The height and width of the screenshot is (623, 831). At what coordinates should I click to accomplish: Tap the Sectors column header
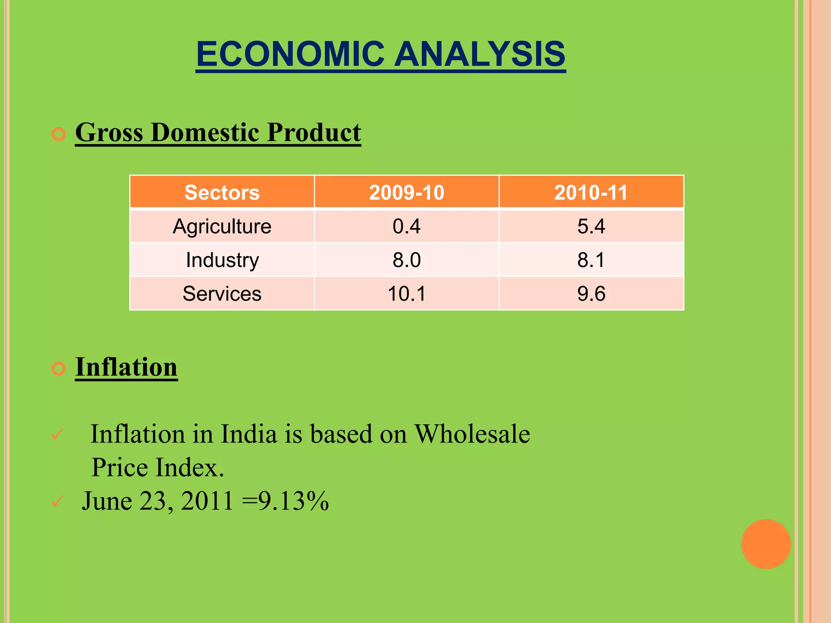tap(222, 192)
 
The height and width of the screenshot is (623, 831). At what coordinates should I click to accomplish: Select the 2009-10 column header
tap(407, 192)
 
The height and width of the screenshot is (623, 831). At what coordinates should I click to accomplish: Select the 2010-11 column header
tap(591, 192)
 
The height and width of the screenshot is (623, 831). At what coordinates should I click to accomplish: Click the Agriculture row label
tap(222, 226)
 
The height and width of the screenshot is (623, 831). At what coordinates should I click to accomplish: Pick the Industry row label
tap(222, 260)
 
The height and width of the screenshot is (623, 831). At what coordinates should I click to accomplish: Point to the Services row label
tap(222, 294)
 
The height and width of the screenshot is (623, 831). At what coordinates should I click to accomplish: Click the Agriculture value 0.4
tap(407, 226)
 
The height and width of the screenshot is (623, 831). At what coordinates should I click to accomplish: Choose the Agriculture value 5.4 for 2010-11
tap(591, 226)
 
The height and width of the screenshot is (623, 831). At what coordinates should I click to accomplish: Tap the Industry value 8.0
tap(407, 260)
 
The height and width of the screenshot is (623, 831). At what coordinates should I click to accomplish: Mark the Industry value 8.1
tap(591, 260)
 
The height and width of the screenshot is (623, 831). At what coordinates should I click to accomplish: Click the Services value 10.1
tap(407, 294)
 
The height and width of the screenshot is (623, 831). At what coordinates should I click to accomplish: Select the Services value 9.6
tap(591, 294)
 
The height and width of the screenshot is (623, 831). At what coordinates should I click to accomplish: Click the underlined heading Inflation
tap(126, 367)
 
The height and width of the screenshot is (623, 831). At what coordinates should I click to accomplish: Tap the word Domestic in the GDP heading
tap(205, 132)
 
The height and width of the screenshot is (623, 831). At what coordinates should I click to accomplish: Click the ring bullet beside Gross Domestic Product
tap(59, 134)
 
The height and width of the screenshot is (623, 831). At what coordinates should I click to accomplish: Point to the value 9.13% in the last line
tap(293, 501)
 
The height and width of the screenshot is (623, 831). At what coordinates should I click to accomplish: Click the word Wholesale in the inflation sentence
tap(472, 434)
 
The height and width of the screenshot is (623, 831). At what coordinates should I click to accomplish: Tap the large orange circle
tap(766, 544)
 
